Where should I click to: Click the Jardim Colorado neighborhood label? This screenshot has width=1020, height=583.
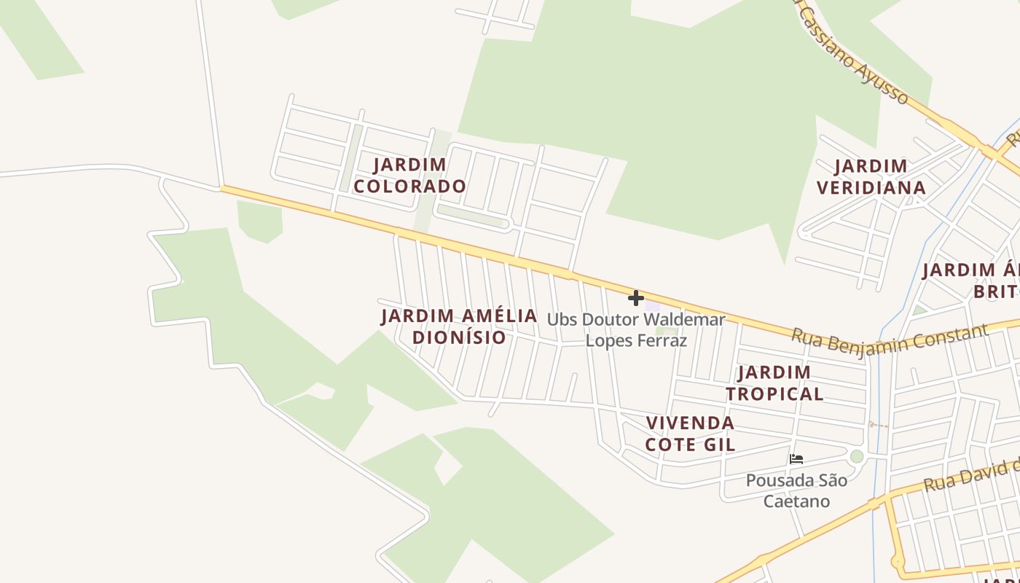tap(409, 176)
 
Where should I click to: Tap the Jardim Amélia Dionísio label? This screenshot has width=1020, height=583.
tap(459, 326)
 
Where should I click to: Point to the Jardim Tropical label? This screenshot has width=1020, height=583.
tap(774, 383)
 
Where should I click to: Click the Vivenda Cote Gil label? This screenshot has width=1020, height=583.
tap(690, 434)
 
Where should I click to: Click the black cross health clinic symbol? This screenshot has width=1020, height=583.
tap(636, 297)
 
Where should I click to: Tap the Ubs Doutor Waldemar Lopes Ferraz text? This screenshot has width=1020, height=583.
tap(636, 329)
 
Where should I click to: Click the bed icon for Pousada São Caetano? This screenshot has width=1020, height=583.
tap(796, 459)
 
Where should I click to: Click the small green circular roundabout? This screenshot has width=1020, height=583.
tap(857, 456)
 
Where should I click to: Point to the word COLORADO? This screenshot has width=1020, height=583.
tap(409, 187)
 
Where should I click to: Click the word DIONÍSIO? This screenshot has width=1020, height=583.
tap(459, 337)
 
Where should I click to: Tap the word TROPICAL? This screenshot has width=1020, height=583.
tap(774, 394)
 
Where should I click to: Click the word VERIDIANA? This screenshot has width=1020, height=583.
tap(871, 188)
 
